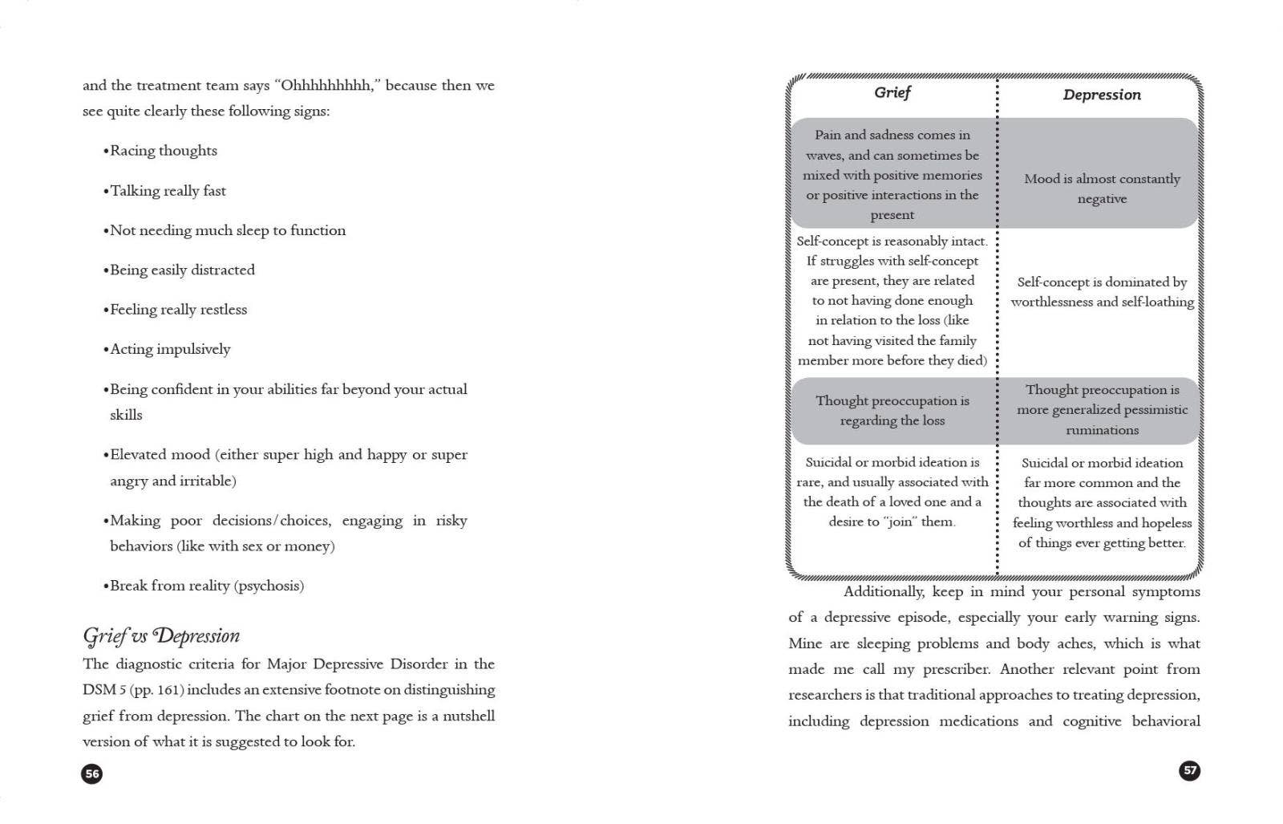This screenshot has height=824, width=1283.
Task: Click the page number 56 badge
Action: point(92,773)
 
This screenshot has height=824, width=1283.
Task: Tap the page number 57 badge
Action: point(1190,770)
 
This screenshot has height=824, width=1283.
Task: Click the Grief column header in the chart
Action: point(892,93)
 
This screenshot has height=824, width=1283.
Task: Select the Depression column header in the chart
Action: point(1102,95)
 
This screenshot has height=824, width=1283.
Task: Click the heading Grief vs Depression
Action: point(161,636)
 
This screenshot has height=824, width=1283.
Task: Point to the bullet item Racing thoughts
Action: point(163,151)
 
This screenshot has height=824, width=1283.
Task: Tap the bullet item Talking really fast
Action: point(168,191)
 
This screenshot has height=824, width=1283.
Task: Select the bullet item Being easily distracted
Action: point(182,270)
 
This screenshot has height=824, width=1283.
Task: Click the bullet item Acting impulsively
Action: point(170,349)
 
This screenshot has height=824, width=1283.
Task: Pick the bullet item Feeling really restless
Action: point(178,310)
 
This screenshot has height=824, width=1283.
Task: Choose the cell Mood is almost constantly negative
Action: point(1102,189)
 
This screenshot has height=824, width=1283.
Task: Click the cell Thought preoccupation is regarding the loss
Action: point(892,411)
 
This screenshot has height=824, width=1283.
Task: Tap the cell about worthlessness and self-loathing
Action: point(1102,292)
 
